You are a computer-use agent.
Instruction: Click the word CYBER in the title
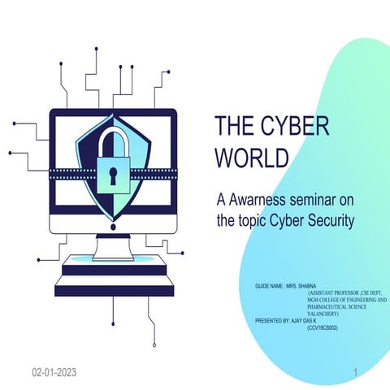(x=288, y=128)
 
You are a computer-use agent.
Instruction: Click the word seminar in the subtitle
(x=312, y=199)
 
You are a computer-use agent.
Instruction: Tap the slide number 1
(x=355, y=372)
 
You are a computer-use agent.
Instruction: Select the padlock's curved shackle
(x=113, y=140)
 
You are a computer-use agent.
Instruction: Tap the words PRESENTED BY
(x=270, y=321)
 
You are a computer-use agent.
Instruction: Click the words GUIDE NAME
(x=269, y=287)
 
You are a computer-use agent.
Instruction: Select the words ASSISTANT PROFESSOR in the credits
(x=327, y=293)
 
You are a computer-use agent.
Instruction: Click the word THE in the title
(x=232, y=128)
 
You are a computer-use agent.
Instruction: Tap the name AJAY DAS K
(x=303, y=321)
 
